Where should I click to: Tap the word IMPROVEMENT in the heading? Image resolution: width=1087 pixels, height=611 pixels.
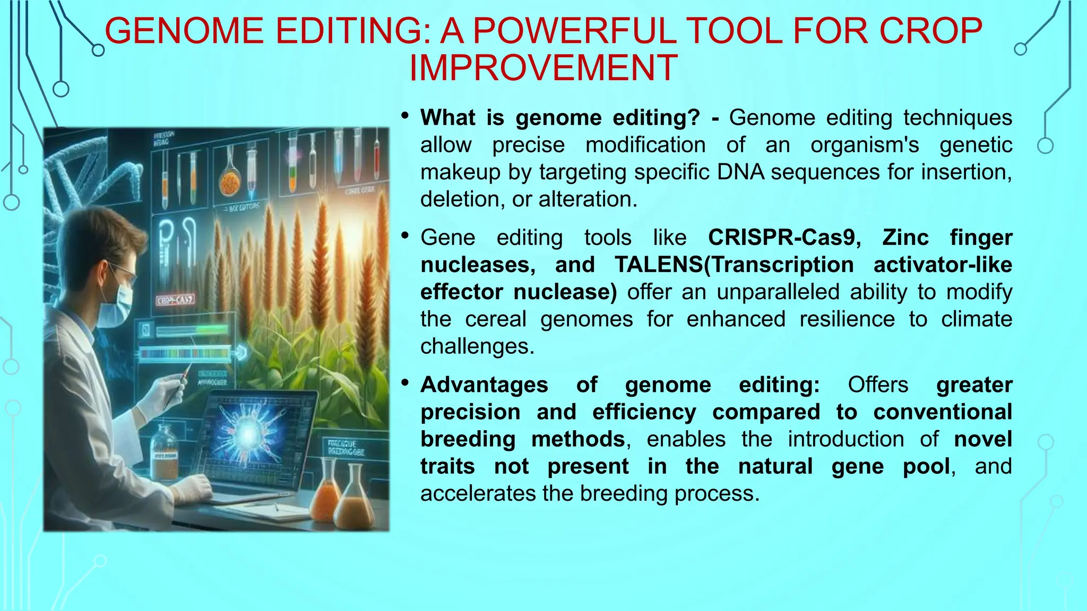543,68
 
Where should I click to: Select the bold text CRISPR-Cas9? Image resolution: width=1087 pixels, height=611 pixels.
784,238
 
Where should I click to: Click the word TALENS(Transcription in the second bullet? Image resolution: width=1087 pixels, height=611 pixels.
734,265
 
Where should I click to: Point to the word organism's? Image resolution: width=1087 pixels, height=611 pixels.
865,145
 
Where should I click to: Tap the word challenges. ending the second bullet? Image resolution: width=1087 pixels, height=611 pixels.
477,346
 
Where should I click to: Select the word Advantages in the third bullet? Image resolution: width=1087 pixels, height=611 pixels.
484,385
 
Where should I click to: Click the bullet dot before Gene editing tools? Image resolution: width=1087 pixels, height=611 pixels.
405,235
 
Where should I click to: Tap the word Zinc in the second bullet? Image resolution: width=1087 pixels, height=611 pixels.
905,238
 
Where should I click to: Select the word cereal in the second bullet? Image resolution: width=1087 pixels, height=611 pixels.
496,319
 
